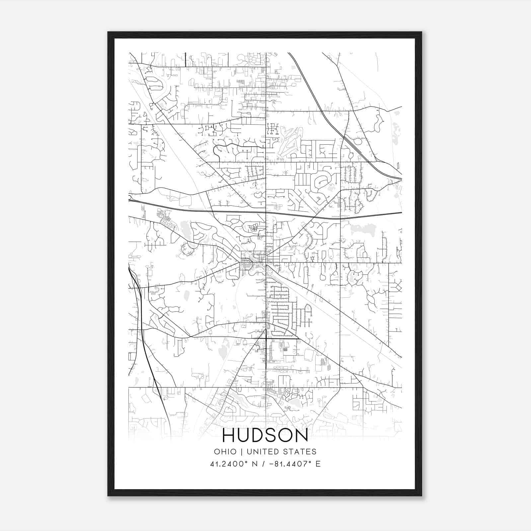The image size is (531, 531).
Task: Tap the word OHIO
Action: [225, 452]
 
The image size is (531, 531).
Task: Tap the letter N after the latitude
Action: [255, 464]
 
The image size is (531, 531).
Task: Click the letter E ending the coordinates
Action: [318, 464]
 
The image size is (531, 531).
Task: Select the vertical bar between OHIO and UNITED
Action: [242, 452]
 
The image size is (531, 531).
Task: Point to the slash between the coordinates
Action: [263, 464]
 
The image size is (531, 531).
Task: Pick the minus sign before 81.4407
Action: [270, 464]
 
